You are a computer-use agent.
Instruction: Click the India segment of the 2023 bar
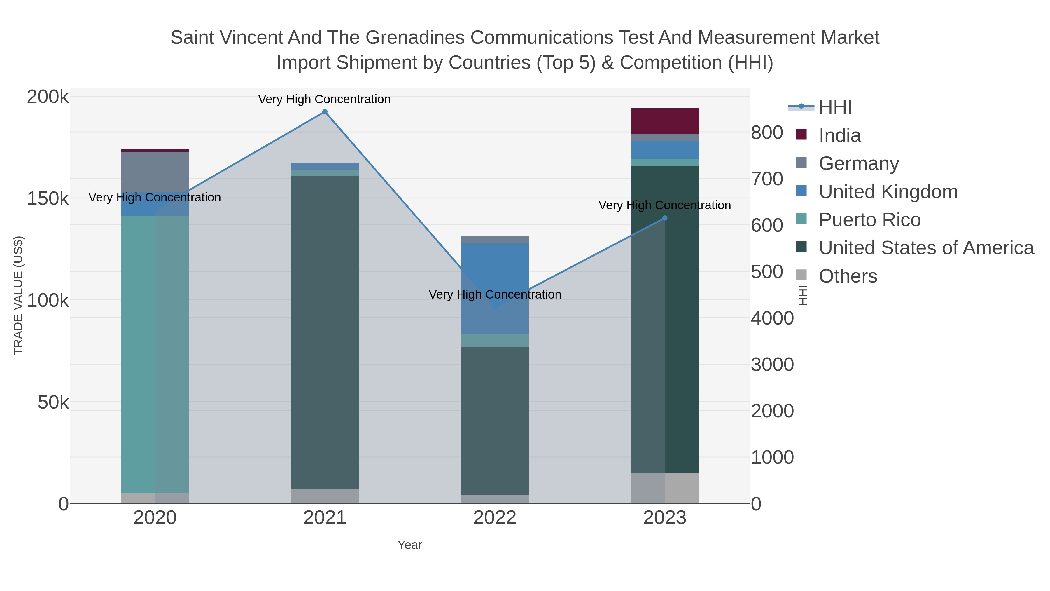coord(664,121)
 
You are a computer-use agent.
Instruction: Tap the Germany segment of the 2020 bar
coord(155,172)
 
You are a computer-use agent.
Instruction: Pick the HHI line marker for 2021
coord(325,112)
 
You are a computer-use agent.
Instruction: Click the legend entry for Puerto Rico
coord(869,220)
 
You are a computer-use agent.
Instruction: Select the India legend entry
coord(840,135)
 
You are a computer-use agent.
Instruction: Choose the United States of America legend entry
coord(926,248)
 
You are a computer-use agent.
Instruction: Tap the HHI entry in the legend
coord(835,107)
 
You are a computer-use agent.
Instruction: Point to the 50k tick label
coord(53,402)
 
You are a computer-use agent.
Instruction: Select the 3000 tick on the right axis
coord(772,365)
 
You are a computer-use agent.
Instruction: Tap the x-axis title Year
coord(410,545)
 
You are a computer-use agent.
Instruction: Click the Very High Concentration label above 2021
coord(324,99)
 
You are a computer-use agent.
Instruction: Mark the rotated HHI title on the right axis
coord(802,295)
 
